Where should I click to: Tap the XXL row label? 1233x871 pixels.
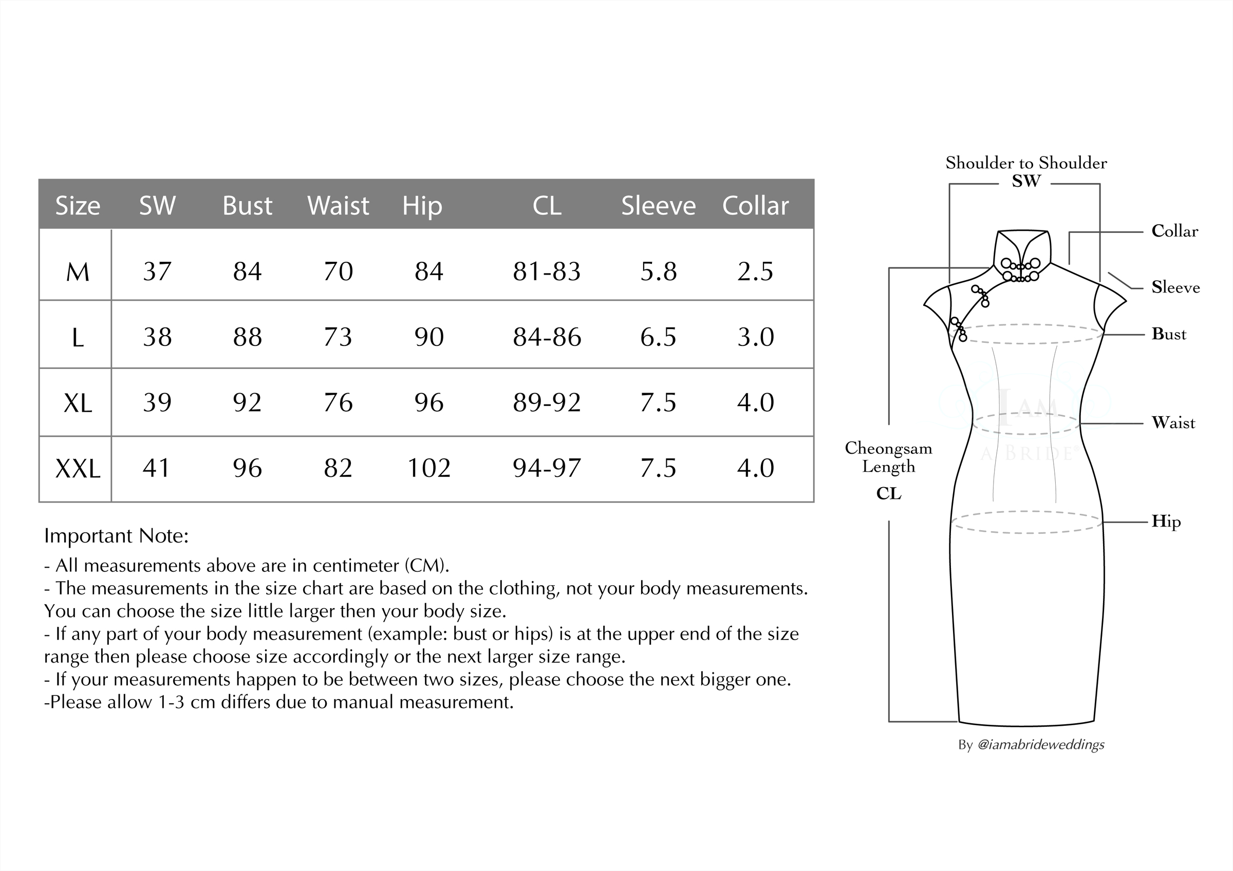pos(78,469)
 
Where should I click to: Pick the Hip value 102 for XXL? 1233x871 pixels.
pos(428,468)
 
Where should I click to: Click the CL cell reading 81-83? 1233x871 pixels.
pos(546,272)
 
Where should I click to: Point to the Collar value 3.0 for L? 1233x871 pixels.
pos(755,337)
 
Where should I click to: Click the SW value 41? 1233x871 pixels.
pos(156,468)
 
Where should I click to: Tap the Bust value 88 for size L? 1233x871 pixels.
pos(247,337)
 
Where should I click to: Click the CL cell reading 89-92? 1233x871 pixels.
pos(546,402)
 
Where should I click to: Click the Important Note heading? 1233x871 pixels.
pos(116,536)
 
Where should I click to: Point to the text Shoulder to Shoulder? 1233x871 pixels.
pos(1026,163)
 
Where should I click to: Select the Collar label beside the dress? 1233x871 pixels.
pos(1174,231)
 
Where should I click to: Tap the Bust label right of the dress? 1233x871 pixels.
pos(1169,334)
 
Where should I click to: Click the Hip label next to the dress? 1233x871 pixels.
pos(1166,521)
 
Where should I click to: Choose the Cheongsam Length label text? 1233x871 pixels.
pos(888,457)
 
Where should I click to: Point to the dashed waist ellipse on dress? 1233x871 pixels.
pos(1026,423)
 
